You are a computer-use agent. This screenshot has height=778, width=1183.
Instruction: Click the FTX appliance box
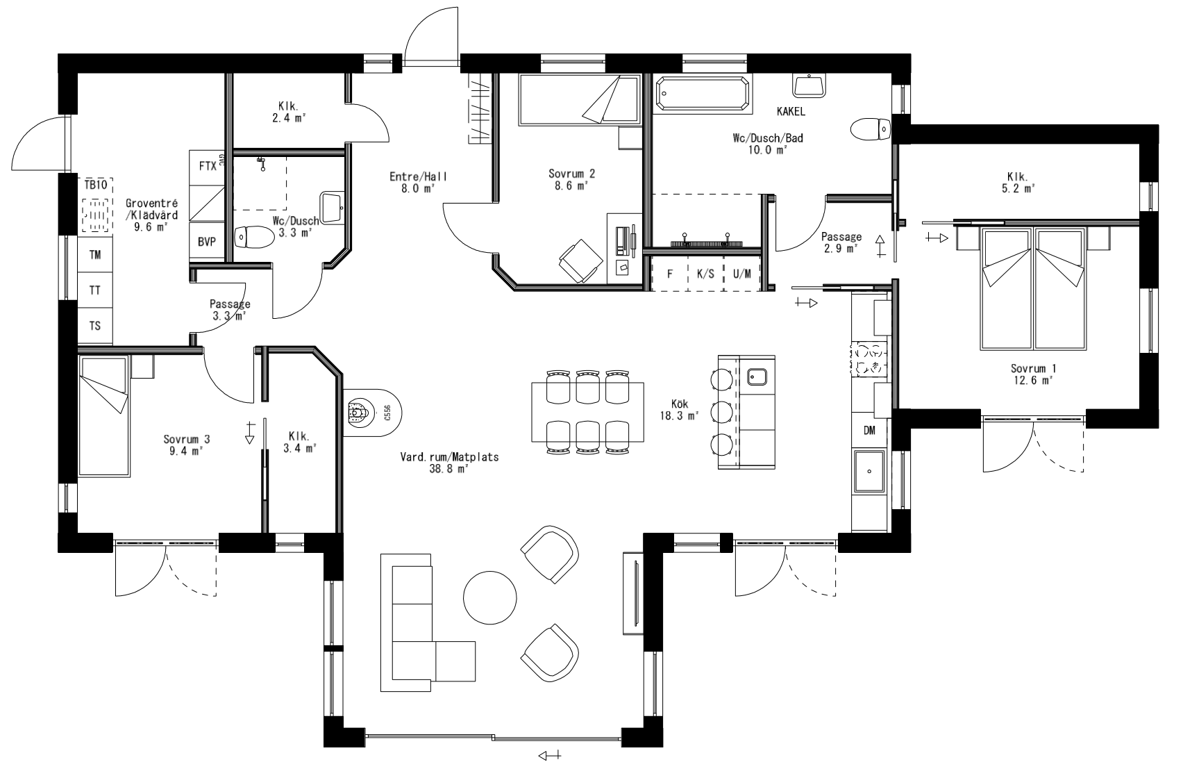pyautogui.click(x=207, y=167)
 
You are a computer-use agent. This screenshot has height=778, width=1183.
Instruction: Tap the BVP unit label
pyautogui.click(x=207, y=242)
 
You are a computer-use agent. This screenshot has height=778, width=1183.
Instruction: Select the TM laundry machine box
pyautogui.click(x=94, y=255)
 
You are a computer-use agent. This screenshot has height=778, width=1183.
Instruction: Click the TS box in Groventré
pyautogui.click(x=94, y=326)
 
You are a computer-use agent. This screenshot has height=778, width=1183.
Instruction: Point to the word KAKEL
pyautogui.click(x=791, y=111)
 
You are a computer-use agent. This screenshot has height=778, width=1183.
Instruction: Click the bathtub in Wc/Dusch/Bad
pyautogui.click(x=703, y=94)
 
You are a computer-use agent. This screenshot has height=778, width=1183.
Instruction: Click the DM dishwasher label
pyautogui.click(x=869, y=431)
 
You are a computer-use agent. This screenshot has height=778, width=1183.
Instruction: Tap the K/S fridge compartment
pyautogui.click(x=705, y=274)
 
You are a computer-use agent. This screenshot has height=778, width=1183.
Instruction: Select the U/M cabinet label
pyautogui.click(x=742, y=274)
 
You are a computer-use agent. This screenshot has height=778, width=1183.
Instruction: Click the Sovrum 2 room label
pyautogui.click(x=571, y=174)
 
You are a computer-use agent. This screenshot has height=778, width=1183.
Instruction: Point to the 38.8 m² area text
pyautogui.click(x=448, y=469)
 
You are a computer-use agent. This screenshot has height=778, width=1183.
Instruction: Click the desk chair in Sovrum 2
pyautogui.click(x=580, y=261)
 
